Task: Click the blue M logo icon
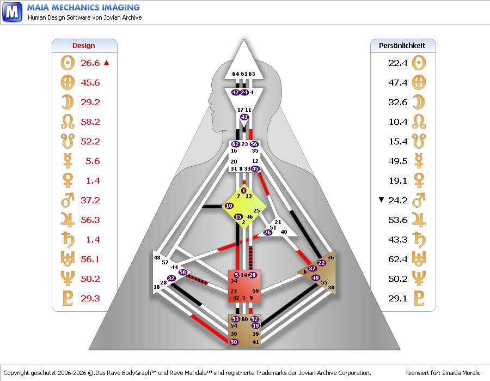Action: (13, 11)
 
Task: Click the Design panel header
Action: (84, 46)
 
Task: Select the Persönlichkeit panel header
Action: (402, 46)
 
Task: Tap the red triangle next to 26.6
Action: (107, 63)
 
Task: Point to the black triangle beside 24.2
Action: (382, 200)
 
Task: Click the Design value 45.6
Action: (90, 83)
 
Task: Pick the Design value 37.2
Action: (90, 201)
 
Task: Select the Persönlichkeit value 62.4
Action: (398, 259)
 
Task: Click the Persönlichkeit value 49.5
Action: (398, 161)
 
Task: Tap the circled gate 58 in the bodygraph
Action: (234, 342)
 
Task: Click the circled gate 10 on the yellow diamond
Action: (229, 206)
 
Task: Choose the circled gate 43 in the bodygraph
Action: (244, 117)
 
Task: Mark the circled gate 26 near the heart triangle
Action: (267, 233)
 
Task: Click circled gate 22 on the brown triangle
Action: (321, 263)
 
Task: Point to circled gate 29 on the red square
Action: (252, 275)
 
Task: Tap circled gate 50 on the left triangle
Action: (183, 272)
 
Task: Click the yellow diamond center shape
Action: (245, 207)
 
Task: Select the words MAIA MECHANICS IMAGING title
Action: (83, 8)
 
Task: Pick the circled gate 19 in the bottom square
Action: (255, 326)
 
